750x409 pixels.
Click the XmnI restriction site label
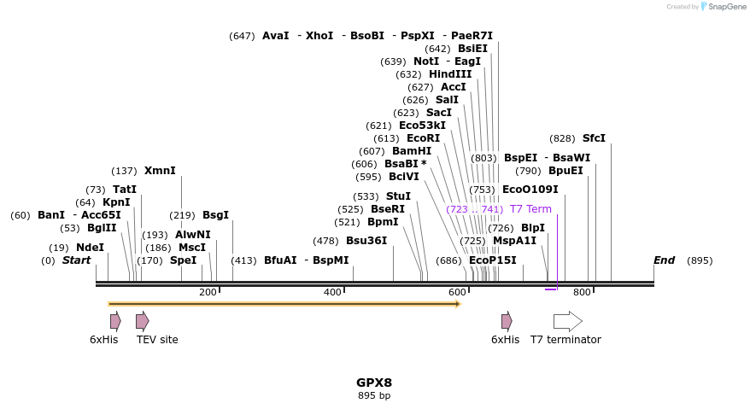point(160,171)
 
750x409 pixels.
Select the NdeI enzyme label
point(90,248)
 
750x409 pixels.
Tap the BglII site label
point(102,228)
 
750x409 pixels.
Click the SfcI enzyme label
point(594,138)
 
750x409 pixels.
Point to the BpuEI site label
point(565,171)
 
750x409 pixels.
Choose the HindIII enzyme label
point(450,74)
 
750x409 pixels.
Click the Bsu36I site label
point(366,241)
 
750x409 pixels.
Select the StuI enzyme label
point(398,196)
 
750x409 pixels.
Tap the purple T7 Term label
point(530,209)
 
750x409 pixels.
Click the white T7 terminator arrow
point(567,321)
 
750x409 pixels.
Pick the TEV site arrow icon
point(143,321)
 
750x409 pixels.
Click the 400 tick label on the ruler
point(332,293)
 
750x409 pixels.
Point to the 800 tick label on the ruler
point(582,293)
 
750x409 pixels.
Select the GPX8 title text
point(374,383)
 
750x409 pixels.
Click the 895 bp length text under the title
point(374,396)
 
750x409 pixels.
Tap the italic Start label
point(76,260)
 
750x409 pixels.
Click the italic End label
point(664,260)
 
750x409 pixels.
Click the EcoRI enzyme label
point(423,138)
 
